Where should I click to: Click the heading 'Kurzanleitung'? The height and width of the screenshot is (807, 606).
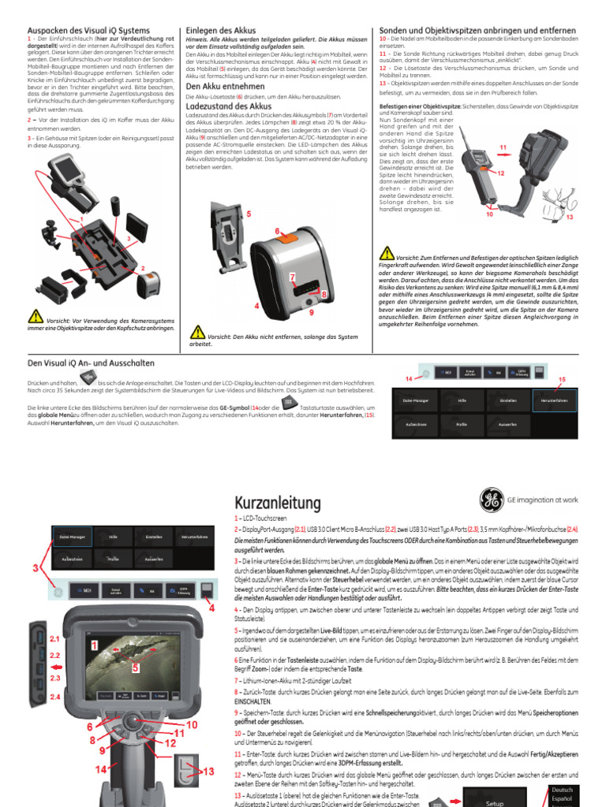pos(278,503)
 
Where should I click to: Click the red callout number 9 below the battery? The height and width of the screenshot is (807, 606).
pos(311,313)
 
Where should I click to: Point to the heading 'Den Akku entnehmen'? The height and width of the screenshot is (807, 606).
pos(225,86)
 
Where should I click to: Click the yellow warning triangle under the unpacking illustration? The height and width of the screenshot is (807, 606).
pos(36,317)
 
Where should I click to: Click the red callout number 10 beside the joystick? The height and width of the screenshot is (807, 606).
pos(191,723)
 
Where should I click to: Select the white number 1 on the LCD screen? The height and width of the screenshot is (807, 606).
pos(95,645)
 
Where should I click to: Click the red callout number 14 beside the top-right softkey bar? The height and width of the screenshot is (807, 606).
pos(409,379)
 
